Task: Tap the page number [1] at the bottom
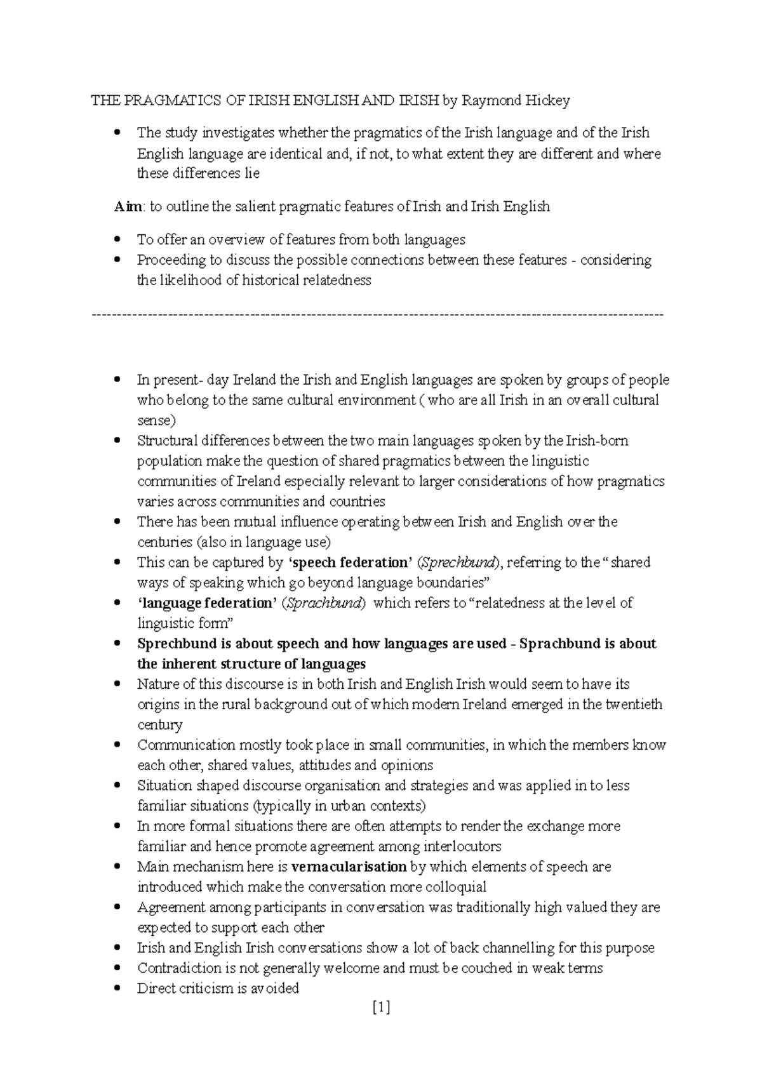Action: (381, 1007)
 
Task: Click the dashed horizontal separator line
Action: (377, 314)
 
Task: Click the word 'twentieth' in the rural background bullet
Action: (634, 704)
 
